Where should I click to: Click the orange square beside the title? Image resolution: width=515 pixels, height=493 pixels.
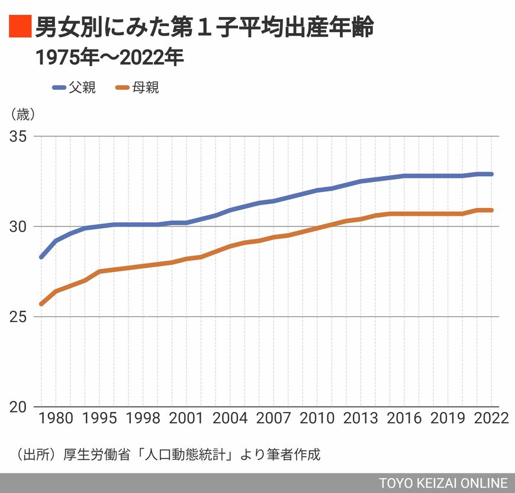20,26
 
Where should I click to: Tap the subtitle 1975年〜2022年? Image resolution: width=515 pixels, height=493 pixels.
110,57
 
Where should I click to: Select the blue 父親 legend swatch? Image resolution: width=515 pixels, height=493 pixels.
59,87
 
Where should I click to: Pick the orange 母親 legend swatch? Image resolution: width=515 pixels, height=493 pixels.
123,87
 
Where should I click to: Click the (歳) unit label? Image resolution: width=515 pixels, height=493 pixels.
23,115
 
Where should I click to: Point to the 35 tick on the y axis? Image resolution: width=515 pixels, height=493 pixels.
18,136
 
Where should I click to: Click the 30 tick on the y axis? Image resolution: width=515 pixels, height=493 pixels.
18,226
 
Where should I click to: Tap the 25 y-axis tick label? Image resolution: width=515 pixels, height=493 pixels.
18,316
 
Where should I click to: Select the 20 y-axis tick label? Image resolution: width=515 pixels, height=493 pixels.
18,407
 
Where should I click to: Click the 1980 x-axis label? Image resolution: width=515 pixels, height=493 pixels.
56,418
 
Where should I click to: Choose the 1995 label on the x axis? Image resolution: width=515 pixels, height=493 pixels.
99,418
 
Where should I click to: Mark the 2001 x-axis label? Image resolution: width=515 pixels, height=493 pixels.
186,418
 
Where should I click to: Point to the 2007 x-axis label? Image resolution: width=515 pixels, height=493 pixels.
273,418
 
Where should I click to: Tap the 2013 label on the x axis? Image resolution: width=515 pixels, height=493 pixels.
360,418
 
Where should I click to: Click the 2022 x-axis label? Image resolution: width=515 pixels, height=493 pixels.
491,418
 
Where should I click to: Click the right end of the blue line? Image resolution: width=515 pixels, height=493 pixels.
491,174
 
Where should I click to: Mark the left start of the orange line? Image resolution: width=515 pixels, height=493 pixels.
41,304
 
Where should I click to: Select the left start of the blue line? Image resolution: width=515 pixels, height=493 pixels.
41,257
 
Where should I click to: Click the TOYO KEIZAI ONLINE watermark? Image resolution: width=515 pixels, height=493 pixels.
443,483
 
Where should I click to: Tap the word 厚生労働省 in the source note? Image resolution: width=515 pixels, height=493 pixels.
97,455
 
